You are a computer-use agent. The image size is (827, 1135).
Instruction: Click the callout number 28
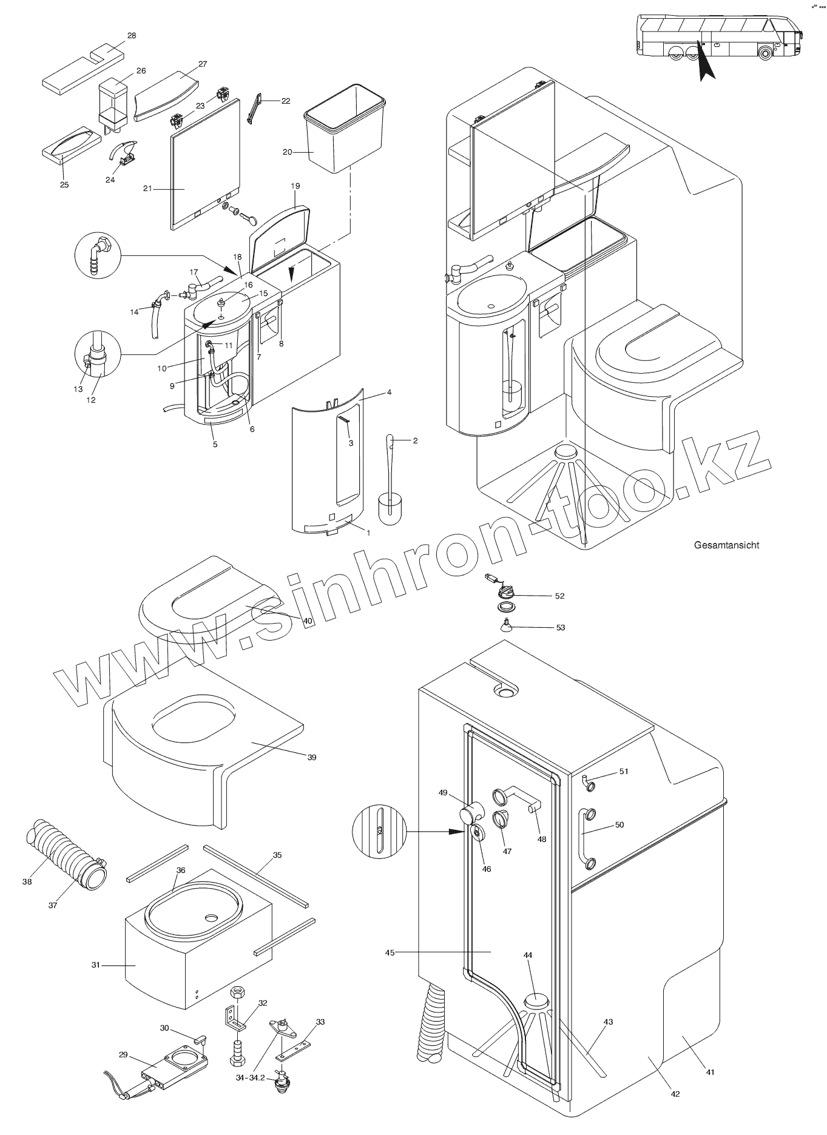[x=132, y=36]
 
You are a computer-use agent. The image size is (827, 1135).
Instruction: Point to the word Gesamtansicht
[x=726, y=545]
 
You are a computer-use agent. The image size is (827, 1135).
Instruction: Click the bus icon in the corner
[x=719, y=39]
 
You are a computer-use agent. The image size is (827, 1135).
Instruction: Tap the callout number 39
[x=312, y=757]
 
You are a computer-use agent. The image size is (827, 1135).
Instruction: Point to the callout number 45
[x=390, y=952]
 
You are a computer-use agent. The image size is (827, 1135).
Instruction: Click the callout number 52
[x=559, y=596]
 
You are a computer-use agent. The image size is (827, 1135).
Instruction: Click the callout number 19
[x=295, y=186]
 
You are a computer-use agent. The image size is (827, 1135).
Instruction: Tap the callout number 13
[x=78, y=389]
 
